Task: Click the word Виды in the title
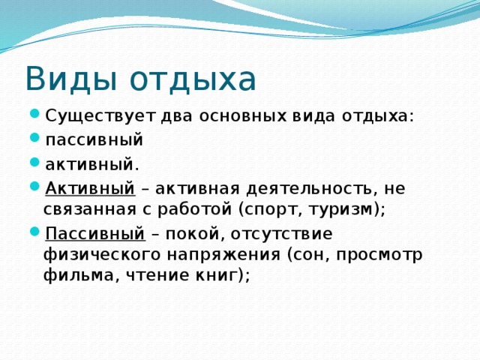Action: point(72,79)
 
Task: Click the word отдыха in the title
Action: point(193,79)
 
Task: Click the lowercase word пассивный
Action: point(94,140)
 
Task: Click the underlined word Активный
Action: point(90,188)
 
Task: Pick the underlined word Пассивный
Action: point(95,233)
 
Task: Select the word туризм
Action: point(343,209)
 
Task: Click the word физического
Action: point(102,254)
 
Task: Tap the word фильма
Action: point(79,275)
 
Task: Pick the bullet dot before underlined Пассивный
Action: point(35,232)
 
